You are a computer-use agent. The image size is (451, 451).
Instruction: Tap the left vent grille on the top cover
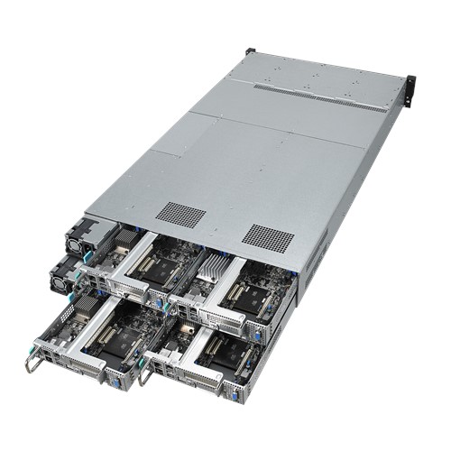pos(180,214)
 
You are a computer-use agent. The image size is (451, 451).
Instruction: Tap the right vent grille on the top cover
pos(268,236)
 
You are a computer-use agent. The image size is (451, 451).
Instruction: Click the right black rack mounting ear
pos(410,88)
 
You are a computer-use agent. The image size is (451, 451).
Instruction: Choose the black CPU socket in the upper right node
pos(253,294)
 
